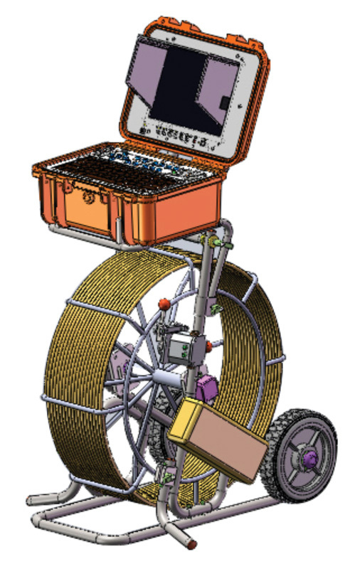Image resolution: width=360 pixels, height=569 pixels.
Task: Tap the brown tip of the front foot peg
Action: [x=191, y=544]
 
